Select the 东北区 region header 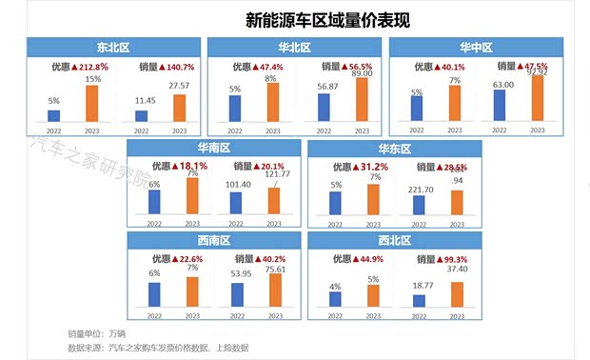(113, 46)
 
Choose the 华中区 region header (478, 46)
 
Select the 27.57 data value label (179, 86)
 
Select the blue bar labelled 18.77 (420, 301)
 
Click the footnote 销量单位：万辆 (96, 334)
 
